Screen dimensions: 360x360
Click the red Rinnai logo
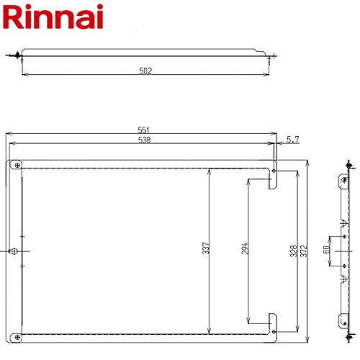pos(53,17)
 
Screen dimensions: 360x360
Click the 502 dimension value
pos(145,71)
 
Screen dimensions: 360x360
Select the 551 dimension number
pos(144,130)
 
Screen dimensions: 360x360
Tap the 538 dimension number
pos(145,140)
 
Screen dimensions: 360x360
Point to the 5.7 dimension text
pos(293,140)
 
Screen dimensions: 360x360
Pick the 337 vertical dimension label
pos(206,248)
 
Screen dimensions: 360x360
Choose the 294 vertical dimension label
pos(244,248)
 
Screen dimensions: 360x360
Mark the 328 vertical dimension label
pos(294,251)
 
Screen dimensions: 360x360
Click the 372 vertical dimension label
pos(304,251)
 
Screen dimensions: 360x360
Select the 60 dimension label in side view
pos(326,250)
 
